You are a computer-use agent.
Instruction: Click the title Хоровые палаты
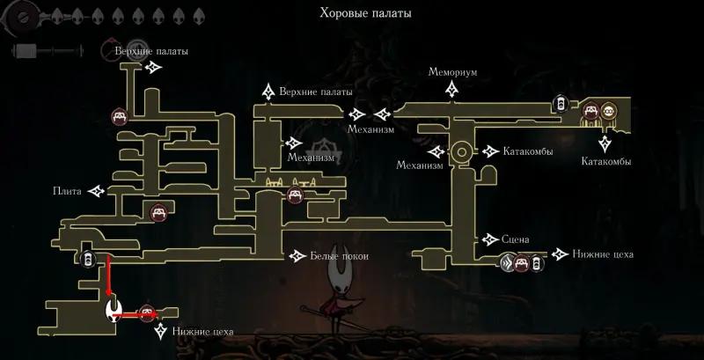pyautogui.click(x=365, y=13)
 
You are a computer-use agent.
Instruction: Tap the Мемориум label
pyautogui.click(x=452, y=72)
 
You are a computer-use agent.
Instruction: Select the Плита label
pyautogui.click(x=67, y=192)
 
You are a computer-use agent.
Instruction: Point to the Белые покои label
pyautogui.click(x=340, y=256)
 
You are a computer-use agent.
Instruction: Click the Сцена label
pyautogui.click(x=516, y=239)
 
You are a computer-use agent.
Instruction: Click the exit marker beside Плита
pyautogui.click(x=96, y=192)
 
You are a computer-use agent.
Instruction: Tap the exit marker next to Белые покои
pyautogui.click(x=297, y=256)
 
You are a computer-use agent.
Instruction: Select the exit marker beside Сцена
pyautogui.click(x=490, y=239)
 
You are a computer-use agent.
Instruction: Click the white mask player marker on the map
pyautogui.click(x=114, y=310)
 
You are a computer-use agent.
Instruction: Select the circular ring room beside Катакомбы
pyautogui.click(x=461, y=152)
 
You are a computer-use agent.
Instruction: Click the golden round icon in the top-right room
pyautogui.click(x=608, y=110)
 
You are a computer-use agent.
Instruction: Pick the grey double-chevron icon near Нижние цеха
pyautogui.click(x=508, y=261)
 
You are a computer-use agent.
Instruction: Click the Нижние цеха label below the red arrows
pyautogui.click(x=202, y=332)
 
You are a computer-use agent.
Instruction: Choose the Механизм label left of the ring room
pyautogui.click(x=420, y=165)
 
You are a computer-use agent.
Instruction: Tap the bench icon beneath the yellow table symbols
pyautogui.click(x=295, y=195)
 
